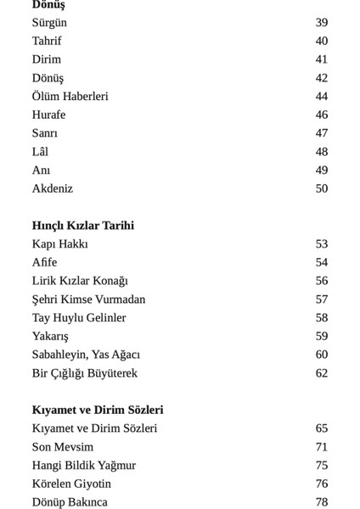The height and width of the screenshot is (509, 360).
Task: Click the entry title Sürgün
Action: point(49,23)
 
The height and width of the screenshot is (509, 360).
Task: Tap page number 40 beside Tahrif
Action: point(321,41)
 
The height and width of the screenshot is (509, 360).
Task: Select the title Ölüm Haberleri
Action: point(70,97)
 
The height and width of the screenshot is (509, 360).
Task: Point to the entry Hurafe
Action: point(48,115)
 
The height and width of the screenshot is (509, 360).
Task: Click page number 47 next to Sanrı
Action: point(321,133)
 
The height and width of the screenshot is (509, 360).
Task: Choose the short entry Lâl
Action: point(40,152)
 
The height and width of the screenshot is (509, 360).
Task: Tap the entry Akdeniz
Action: point(53,188)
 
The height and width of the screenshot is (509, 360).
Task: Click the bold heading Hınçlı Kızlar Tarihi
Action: point(83,226)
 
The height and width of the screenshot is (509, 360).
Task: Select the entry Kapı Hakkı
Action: point(60,244)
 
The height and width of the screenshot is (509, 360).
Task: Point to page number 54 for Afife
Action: point(321,262)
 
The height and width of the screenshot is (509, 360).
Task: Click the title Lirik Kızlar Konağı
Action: point(80,281)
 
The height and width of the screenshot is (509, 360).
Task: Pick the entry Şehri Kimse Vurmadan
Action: point(88,299)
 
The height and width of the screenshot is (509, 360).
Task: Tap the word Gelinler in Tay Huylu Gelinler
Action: point(104,318)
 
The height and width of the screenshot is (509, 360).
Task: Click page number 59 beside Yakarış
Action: point(321,336)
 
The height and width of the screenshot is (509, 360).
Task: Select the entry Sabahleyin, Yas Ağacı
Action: point(86,355)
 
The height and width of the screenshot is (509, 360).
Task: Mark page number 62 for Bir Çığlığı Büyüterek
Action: point(321,373)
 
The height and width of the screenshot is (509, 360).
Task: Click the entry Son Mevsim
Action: point(63,447)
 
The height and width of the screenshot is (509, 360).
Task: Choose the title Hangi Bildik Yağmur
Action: point(84,466)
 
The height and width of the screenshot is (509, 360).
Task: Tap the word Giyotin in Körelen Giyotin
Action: point(92,484)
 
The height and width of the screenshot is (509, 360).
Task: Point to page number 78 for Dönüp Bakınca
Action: point(321,502)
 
